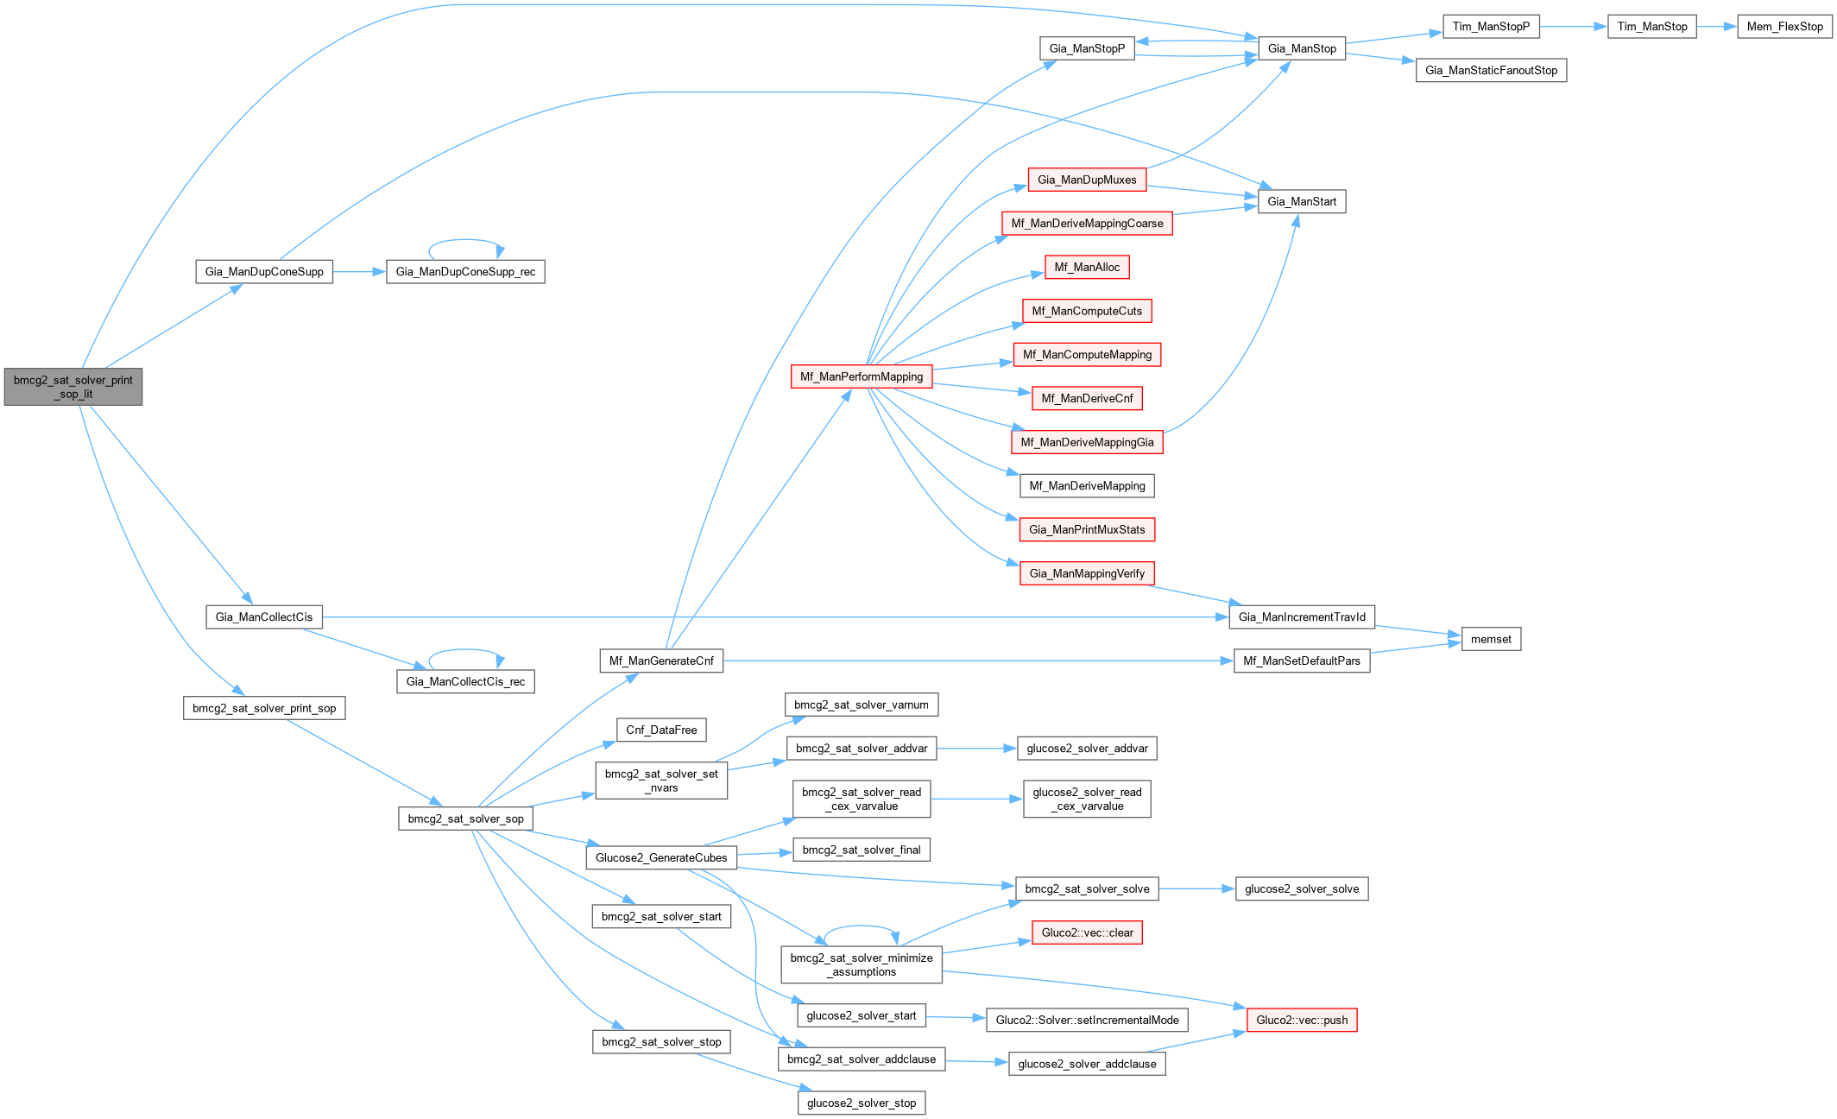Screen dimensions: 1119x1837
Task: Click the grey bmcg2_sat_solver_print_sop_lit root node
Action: pyautogui.click(x=73, y=387)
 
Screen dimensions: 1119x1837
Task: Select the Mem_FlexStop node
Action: pyautogui.click(x=1784, y=27)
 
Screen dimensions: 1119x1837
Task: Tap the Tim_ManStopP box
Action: pyautogui.click(x=1490, y=27)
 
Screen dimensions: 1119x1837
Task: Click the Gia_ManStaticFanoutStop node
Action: pyautogui.click(x=1491, y=71)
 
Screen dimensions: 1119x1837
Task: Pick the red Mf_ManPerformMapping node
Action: pyautogui.click(x=861, y=376)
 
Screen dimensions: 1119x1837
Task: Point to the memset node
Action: pyautogui.click(x=1491, y=639)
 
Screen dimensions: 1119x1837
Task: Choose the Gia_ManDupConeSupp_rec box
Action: pyautogui.click(x=465, y=272)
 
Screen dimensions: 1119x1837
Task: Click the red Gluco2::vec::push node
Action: pyautogui.click(x=1301, y=1020)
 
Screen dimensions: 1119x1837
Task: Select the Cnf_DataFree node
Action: pyautogui.click(x=661, y=730)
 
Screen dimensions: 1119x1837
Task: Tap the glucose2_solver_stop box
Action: pyautogui.click(x=861, y=1103)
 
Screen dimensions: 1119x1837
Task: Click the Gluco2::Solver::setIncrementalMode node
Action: pyautogui.click(x=1087, y=1020)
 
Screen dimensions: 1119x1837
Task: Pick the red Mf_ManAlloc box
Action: pyautogui.click(x=1087, y=268)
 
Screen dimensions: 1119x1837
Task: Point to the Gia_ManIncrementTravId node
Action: pyautogui.click(x=1301, y=617)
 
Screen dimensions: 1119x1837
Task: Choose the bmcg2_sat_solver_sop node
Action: pyautogui.click(x=465, y=819)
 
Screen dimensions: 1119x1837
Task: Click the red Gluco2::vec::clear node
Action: pyautogui.click(x=1087, y=932)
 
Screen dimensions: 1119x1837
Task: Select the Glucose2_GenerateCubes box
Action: pyautogui.click(x=661, y=857)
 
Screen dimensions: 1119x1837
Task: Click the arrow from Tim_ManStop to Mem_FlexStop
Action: pyautogui.click(x=1716, y=27)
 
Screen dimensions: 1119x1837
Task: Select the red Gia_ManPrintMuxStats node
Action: pyautogui.click(x=1087, y=529)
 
